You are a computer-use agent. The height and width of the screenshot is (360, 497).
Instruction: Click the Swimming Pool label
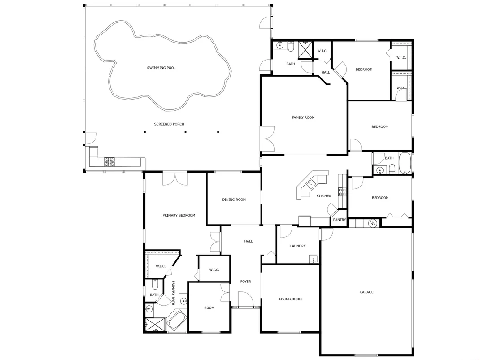pos(161,68)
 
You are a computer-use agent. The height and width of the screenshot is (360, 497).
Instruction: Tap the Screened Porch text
pos(169,124)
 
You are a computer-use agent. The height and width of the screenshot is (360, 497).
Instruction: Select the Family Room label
pos(303,117)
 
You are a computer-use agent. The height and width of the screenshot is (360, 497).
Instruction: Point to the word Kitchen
pos(324,196)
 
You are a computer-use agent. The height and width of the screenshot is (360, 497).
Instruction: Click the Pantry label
pos(340,220)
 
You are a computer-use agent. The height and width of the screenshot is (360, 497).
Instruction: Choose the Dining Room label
pos(234,200)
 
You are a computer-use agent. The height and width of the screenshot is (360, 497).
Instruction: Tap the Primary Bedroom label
pos(179,216)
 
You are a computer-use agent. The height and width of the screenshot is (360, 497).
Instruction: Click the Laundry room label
pos(298,246)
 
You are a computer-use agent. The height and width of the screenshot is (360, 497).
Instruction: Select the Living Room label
pos(290,299)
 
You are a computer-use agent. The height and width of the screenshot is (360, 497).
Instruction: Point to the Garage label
pos(366,292)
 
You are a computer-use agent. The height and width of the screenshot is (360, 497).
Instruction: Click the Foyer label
pos(246,282)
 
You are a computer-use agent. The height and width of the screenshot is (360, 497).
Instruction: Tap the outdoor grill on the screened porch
pos(109,162)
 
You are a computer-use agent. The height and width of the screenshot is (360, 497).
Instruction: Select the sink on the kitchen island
pos(310,183)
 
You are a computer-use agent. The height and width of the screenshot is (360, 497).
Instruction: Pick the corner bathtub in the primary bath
pos(176,320)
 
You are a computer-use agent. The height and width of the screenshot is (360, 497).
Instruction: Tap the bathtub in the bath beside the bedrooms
pos(405,163)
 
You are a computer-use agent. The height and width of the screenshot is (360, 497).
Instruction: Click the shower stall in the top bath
pos(305,50)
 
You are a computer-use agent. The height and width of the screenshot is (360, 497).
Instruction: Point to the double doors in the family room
pos(268,139)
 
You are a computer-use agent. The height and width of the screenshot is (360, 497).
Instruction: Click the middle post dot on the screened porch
pos(185,132)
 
